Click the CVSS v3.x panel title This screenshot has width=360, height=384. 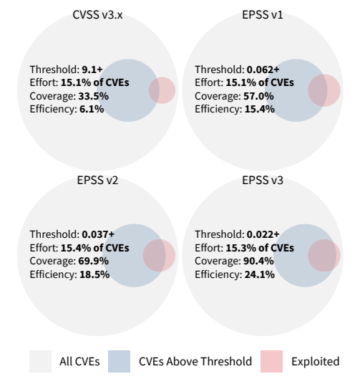coord(97,15)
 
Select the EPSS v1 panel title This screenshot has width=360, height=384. coord(263,15)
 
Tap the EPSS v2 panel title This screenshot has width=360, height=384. coord(97,181)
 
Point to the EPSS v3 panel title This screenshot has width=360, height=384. coord(263,181)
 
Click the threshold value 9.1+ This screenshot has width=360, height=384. coord(89,69)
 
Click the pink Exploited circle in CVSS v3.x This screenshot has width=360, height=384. coord(162,90)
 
